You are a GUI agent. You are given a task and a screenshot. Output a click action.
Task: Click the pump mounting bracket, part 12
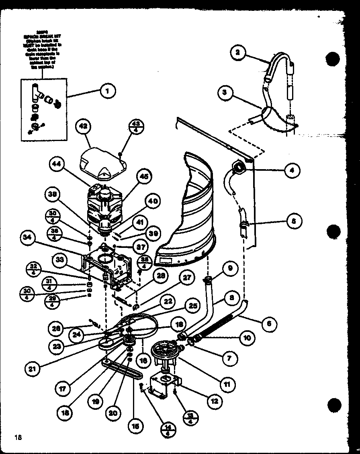164,386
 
